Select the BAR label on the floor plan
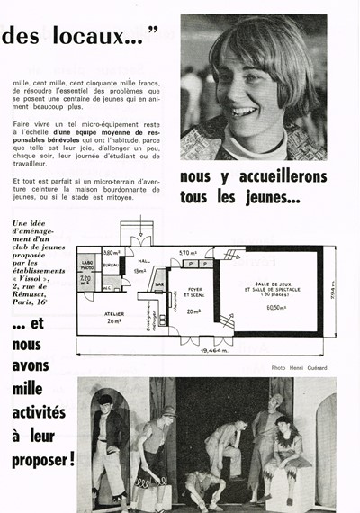tap(160, 284)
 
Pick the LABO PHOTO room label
tap(86, 267)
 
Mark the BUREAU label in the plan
tap(112, 266)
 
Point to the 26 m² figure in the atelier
tap(116, 320)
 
